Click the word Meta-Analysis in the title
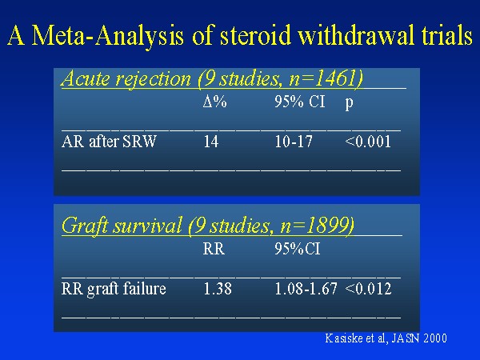point(108,36)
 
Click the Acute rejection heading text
point(126,78)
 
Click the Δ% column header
point(214,102)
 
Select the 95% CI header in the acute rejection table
point(299,102)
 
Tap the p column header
point(350,104)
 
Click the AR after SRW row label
point(109,142)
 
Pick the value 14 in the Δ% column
point(211,142)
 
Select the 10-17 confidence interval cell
point(294,142)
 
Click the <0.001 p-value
point(368,142)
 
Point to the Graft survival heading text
point(122,226)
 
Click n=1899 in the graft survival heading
point(317,226)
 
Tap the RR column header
point(214,249)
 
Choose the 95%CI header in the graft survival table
point(297,249)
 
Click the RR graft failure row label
point(114,289)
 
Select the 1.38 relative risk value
point(218,289)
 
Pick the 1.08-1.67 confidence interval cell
point(306,289)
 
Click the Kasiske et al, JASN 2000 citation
point(386,338)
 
